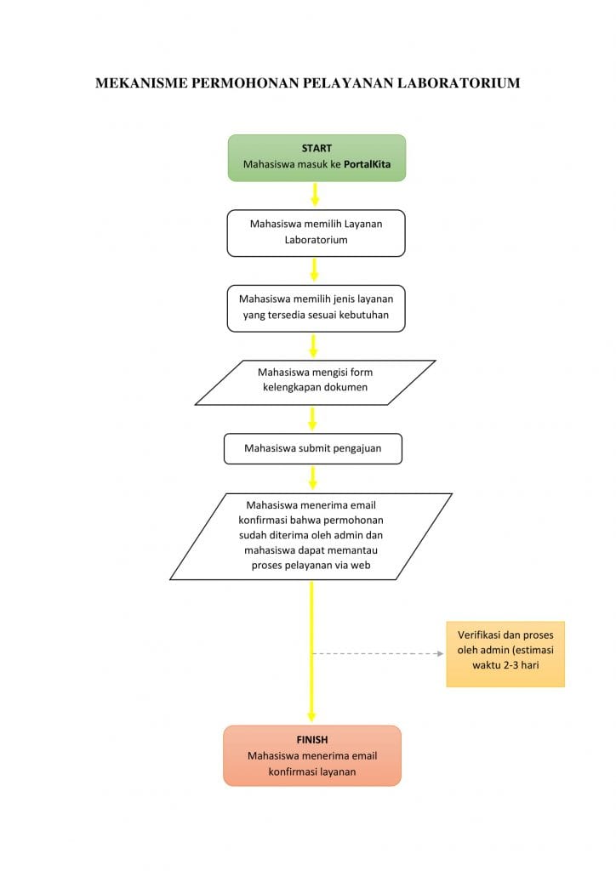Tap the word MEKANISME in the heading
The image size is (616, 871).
tap(141, 83)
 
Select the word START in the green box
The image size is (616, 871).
tap(317, 148)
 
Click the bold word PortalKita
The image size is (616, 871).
tap(368, 164)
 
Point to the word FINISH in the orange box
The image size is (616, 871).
tap(312, 740)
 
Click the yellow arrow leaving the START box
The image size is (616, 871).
tap(315, 194)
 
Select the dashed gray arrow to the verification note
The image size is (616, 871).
tap(378, 654)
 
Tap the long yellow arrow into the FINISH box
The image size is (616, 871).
tap(311, 651)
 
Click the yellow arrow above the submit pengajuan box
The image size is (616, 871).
tap(312, 418)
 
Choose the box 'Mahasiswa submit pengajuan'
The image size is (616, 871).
tap(313, 449)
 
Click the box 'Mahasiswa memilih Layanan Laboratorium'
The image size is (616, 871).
tap(316, 233)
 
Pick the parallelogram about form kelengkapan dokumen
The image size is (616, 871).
tap(315, 383)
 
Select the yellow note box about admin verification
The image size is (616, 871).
tap(505, 654)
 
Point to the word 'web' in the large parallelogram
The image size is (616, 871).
tap(361, 566)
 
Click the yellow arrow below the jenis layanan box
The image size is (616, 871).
tap(313, 345)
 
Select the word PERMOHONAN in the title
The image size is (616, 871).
tap(245, 83)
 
